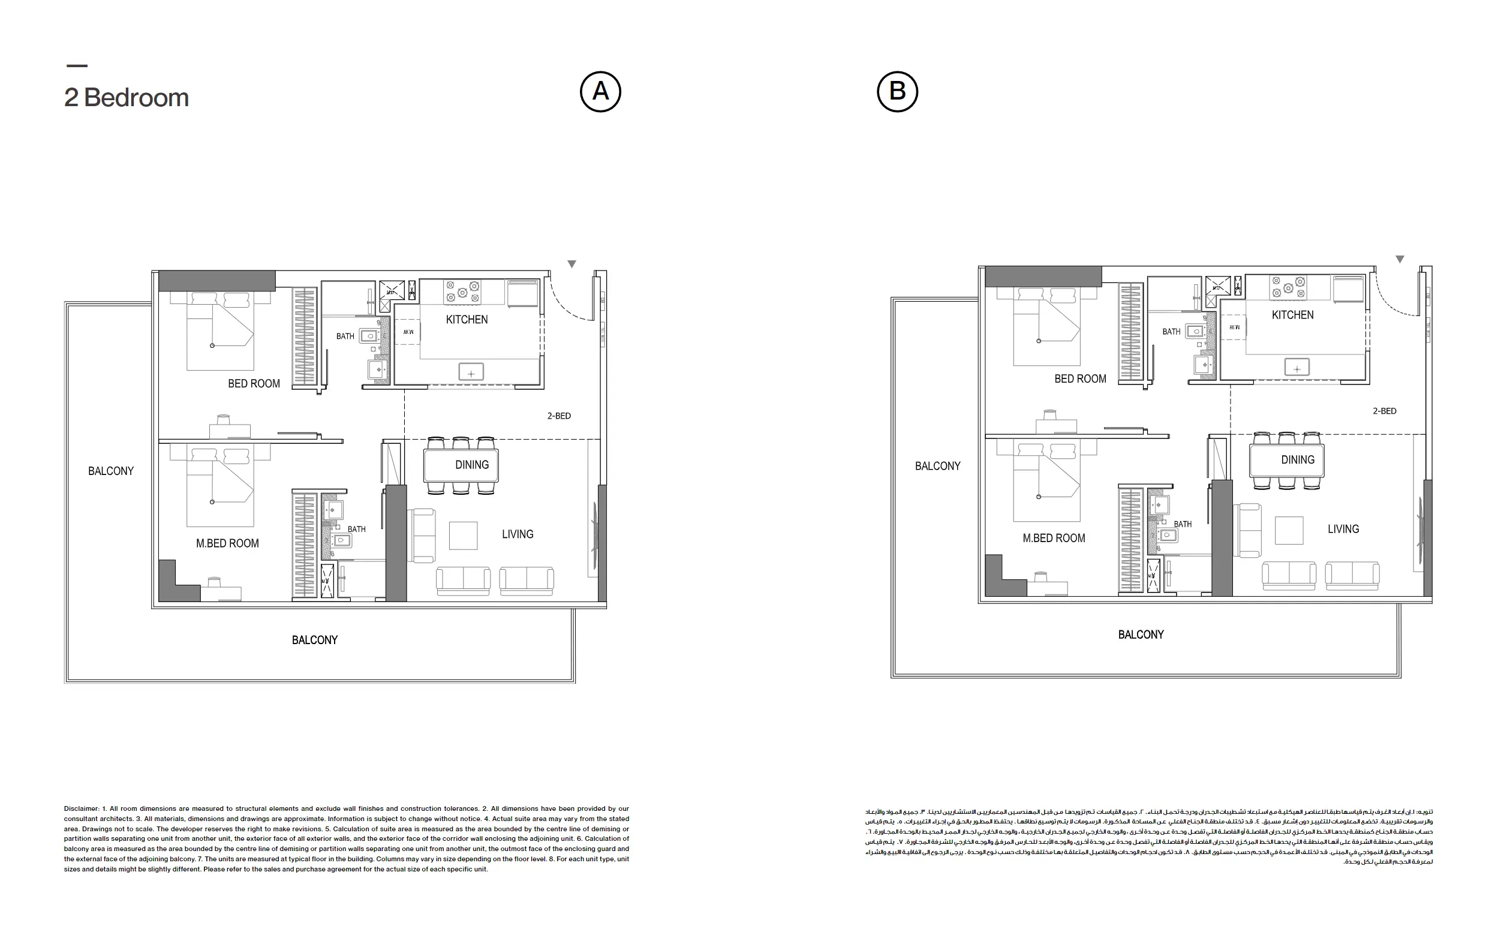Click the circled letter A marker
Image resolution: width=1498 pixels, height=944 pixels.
click(x=600, y=92)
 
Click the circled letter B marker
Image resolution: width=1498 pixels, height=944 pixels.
click(x=897, y=92)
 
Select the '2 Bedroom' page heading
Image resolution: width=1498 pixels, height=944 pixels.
click(x=127, y=98)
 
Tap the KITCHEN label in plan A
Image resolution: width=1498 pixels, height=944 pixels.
click(x=467, y=319)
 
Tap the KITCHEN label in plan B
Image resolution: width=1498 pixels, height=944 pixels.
click(x=1292, y=315)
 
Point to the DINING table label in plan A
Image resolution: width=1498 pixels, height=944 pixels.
click(x=471, y=465)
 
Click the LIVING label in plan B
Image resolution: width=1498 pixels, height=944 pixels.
click(x=1343, y=529)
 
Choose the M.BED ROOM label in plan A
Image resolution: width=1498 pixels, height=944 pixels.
click(x=227, y=543)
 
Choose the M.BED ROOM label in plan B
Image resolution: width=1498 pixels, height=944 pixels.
click(x=1053, y=539)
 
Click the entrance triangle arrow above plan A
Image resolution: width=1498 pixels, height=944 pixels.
click(x=571, y=264)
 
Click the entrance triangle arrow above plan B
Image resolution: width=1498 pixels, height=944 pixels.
click(x=1399, y=259)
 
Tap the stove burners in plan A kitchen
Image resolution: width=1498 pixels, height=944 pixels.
click(x=462, y=292)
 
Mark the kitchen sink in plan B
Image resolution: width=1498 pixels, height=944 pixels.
click(x=1297, y=368)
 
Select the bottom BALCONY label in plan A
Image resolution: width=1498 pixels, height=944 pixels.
click(x=314, y=640)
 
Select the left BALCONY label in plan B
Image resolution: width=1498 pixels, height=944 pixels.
click(x=937, y=466)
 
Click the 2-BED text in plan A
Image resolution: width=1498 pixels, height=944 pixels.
click(x=559, y=416)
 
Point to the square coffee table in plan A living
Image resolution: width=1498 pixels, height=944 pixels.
click(x=463, y=535)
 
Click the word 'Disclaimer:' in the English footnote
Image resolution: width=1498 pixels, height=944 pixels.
click(x=81, y=809)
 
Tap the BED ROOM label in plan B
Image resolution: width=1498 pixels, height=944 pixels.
click(x=1080, y=378)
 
